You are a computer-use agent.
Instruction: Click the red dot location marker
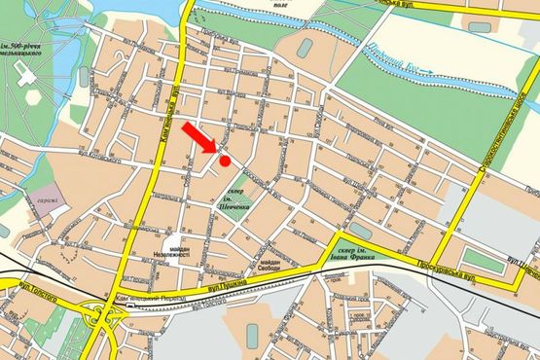click(225, 161)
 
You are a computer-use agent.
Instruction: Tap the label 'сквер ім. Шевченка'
click(235, 198)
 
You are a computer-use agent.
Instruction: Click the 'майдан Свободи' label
click(270, 266)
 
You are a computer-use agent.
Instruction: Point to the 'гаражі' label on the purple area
click(48, 202)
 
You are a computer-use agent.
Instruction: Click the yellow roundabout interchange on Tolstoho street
click(101, 317)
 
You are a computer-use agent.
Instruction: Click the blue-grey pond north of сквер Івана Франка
click(358, 230)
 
